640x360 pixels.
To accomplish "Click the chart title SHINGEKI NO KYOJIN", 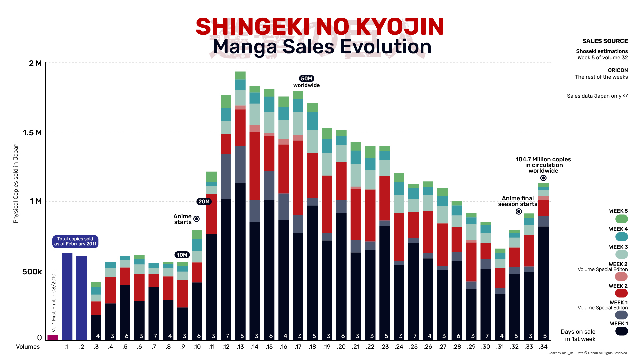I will [319, 27].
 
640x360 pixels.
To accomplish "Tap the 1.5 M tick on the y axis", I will [32, 133].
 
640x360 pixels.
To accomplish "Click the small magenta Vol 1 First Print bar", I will [53, 337].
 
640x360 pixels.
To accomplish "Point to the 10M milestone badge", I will [182, 255].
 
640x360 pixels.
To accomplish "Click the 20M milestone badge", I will [204, 202].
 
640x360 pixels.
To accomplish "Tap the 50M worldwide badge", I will [306, 79].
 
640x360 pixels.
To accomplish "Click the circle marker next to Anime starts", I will [197, 219].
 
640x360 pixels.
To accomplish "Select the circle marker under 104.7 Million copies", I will [543, 178].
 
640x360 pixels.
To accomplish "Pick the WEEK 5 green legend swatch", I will [621, 219].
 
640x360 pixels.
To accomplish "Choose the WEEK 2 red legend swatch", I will [621, 293].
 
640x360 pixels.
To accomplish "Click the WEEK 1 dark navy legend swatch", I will [621, 331].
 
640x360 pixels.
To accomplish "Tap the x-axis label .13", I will [240, 347].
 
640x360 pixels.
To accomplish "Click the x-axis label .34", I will [543, 347].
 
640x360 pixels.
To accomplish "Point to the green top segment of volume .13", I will [240, 75].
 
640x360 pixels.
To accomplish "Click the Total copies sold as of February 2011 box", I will [75, 241].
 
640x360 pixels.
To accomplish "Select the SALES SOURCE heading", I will [605, 41].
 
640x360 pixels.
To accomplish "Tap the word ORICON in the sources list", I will [618, 70].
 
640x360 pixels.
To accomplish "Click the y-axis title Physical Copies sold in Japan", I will [16, 183].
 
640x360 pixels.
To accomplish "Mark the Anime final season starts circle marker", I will [519, 212].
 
